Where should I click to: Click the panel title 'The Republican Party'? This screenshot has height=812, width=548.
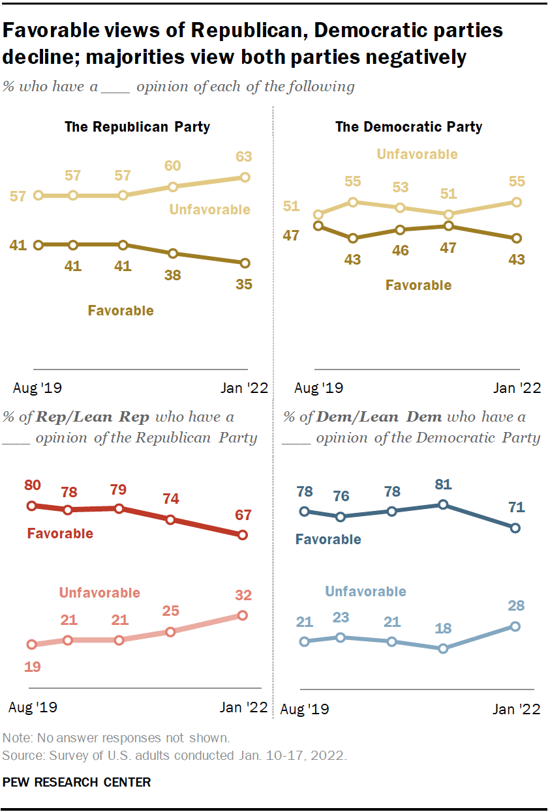137,126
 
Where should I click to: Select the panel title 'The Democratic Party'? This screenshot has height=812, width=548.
408,126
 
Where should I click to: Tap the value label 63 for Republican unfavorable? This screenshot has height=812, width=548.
245,157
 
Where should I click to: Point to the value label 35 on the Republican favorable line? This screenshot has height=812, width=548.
245,283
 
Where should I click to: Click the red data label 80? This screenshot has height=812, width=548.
33,486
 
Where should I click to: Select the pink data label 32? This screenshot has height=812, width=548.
243,595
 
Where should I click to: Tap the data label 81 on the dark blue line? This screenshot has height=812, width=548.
442,484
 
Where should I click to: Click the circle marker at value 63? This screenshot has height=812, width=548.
245,177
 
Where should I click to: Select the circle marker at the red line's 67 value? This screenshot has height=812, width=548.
243,535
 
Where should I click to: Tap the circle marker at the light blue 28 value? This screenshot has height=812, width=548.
515,626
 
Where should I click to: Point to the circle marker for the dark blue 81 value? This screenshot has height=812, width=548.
443,504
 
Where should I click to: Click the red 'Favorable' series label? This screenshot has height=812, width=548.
60,534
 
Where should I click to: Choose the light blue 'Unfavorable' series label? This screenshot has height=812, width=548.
365,592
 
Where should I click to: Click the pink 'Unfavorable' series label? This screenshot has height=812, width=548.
99,592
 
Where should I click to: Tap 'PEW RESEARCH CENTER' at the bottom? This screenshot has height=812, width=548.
76,782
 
